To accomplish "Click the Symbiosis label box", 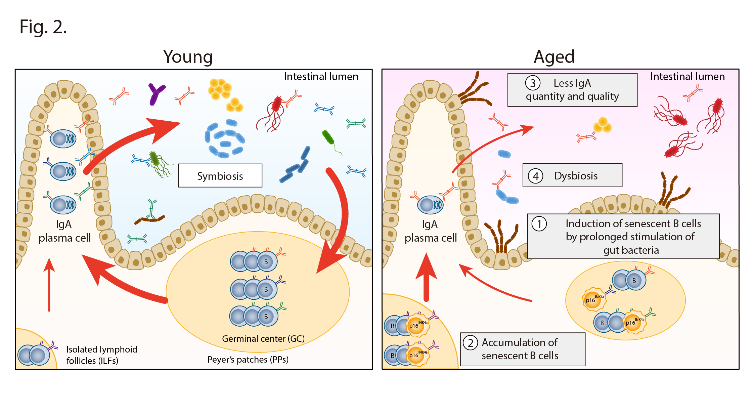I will pos(220,175).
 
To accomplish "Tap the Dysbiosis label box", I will pos(572,175).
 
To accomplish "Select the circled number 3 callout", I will pos(533,83).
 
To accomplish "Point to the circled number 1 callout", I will pos(539,224).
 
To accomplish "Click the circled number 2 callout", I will pos(470,343).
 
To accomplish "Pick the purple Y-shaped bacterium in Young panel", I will pos(156,93).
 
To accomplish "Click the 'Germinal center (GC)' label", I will pos(263,338).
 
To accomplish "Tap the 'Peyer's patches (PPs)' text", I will pos(248,360).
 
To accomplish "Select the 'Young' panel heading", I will pos(188,56).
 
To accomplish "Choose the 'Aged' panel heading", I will pos(554,56).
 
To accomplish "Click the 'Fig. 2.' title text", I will pos(43,27).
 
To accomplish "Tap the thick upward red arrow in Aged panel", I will pos(426,277).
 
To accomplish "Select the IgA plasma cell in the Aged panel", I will pos(430,205).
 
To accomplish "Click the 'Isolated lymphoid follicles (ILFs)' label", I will pos(102,355).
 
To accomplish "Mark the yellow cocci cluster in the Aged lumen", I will pos(602,125).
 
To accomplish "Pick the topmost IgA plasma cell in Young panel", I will pos(63,138).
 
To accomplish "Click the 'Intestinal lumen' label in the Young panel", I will pos(321,77).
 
